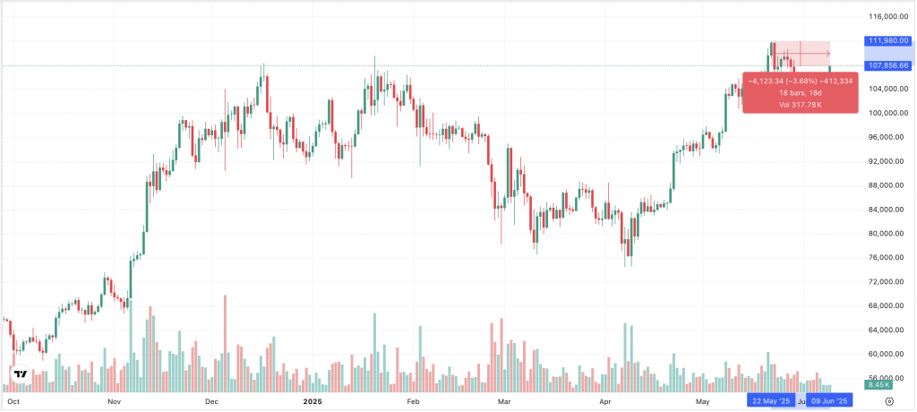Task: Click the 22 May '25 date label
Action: pyautogui.click(x=770, y=401)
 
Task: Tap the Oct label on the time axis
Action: pyautogui.click(x=14, y=401)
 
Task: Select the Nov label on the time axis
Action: pyautogui.click(x=114, y=401)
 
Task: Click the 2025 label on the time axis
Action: pyautogui.click(x=313, y=401)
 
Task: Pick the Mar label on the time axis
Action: pyautogui.click(x=504, y=401)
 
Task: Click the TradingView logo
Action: pyautogui.click(x=19, y=373)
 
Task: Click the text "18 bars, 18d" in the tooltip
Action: pyautogui.click(x=801, y=93)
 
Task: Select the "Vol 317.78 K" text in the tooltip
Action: pyautogui.click(x=801, y=106)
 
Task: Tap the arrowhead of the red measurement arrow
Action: pyautogui.click(x=828, y=55)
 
